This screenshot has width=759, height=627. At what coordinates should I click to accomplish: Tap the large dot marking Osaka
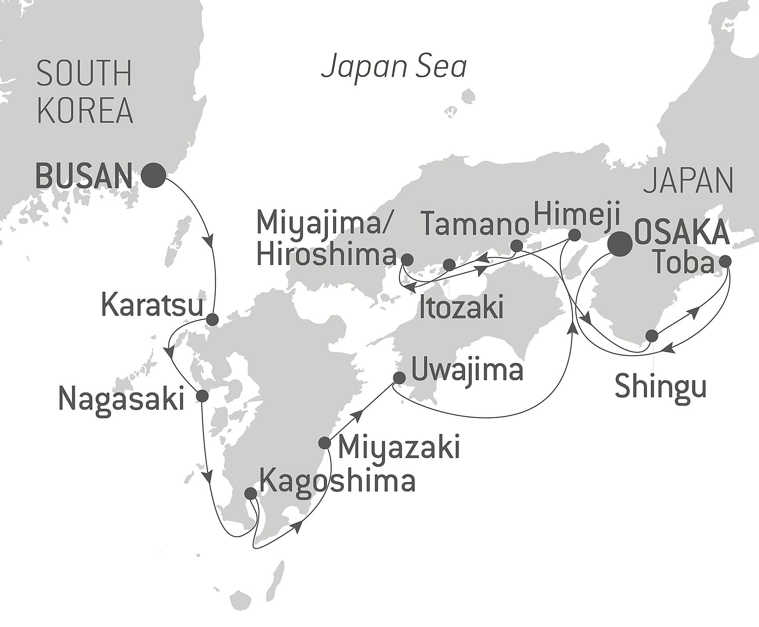tap(619, 243)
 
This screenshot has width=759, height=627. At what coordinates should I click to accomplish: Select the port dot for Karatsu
tap(212, 319)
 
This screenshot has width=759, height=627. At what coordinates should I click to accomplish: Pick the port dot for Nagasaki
tap(202, 396)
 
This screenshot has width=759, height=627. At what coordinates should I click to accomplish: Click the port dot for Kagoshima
tap(250, 493)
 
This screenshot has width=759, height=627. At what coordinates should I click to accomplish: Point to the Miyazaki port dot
tap(324, 443)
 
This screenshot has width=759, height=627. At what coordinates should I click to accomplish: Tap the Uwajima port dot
tap(399, 378)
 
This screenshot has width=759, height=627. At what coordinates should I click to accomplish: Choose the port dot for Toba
tap(725, 261)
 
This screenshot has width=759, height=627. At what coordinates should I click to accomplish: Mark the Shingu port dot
tap(652, 336)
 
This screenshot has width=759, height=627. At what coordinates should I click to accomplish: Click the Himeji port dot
tap(574, 235)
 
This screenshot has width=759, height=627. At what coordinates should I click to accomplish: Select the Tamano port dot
tap(517, 246)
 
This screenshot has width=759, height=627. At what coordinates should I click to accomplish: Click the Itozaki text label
tap(461, 308)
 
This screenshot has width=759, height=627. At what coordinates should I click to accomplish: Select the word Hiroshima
tap(326, 255)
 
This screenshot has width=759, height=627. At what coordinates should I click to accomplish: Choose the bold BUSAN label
tap(84, 176)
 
